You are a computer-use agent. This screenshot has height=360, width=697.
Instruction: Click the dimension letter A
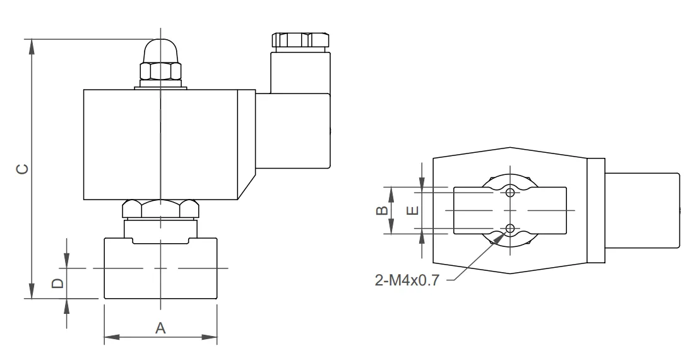160,328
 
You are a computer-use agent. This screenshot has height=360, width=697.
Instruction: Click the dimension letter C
23,169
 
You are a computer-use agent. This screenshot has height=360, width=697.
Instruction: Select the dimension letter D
58,284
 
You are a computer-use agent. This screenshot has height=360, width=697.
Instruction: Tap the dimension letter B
383,210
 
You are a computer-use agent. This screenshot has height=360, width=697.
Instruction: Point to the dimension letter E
413,210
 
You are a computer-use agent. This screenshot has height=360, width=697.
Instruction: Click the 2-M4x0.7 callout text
407,280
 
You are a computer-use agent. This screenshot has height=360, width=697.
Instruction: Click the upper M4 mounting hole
510,192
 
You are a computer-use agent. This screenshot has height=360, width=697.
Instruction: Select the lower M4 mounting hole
510,229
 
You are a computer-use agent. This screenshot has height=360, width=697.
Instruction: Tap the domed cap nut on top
160,51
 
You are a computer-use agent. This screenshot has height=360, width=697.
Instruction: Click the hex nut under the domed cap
160,71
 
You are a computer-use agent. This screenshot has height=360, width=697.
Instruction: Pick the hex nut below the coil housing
160,209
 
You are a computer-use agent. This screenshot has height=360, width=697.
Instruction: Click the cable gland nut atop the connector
301,40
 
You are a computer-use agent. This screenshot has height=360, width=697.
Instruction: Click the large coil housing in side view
169,145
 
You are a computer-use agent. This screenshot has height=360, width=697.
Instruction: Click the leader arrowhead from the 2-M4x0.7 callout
503,236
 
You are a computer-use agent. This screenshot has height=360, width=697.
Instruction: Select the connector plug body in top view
642,210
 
